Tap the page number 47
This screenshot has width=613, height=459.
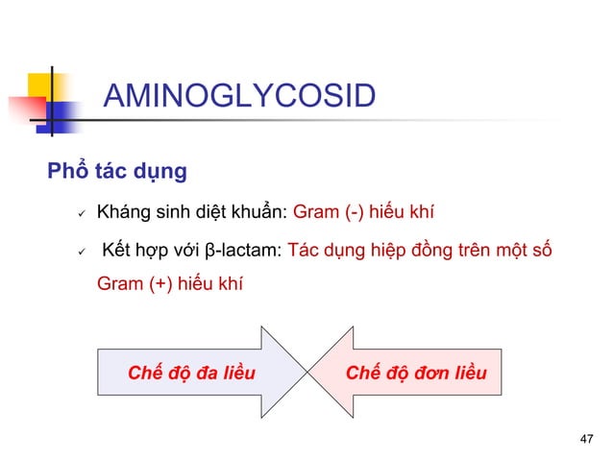coord(588,439)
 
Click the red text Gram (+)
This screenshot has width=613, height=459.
coord(133,284)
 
